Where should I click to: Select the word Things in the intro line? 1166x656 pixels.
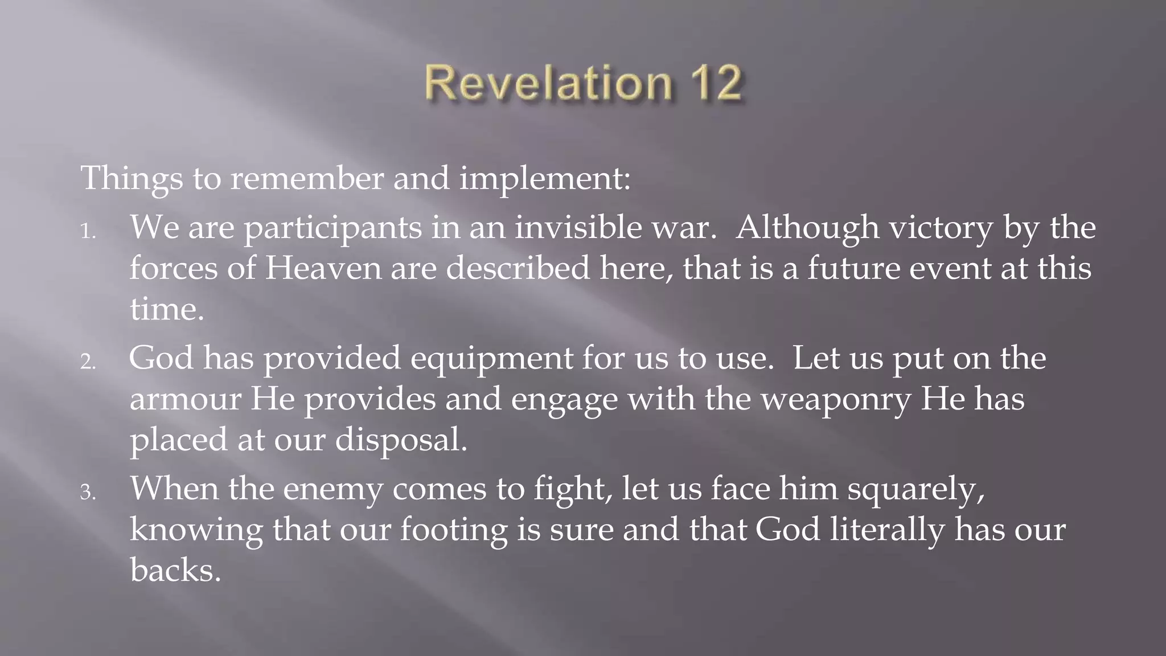click(132, 178)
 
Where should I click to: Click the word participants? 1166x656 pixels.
click(333, 228)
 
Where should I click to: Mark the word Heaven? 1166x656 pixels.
click(323, 268)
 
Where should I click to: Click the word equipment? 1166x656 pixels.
click(491, 359)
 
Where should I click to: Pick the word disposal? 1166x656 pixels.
click(401, 440)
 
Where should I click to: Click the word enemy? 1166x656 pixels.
click(332, 489)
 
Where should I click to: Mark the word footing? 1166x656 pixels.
click(453, 530)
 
